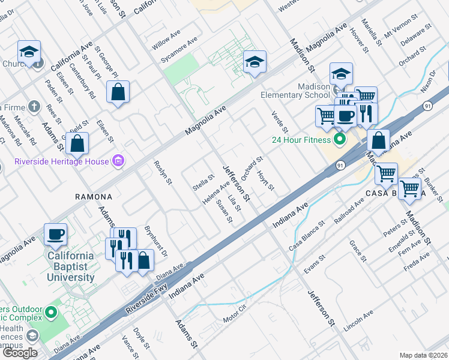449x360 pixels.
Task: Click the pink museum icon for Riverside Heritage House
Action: click(x=118, y=161)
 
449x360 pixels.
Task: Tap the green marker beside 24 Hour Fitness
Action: click(x=339, y=140)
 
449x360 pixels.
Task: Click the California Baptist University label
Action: click(x=71, y=267)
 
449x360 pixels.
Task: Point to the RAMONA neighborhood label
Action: click(x=93, y=197)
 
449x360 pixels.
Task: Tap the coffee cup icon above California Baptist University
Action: click(x=56, y=234)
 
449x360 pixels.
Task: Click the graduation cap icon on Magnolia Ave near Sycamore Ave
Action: click(x=255, y=62)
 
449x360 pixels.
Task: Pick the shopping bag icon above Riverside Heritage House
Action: click(x=77, y=143)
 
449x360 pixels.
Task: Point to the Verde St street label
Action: click(x=280, y=122)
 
